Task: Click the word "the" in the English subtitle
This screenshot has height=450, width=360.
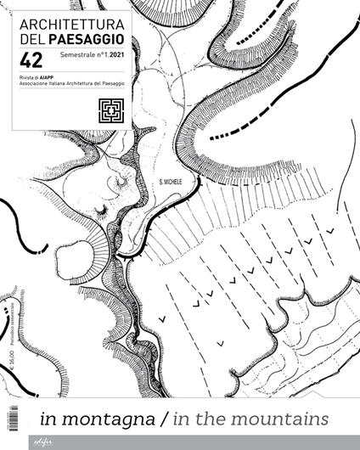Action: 217,418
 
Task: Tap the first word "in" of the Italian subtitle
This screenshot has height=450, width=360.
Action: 48,418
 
